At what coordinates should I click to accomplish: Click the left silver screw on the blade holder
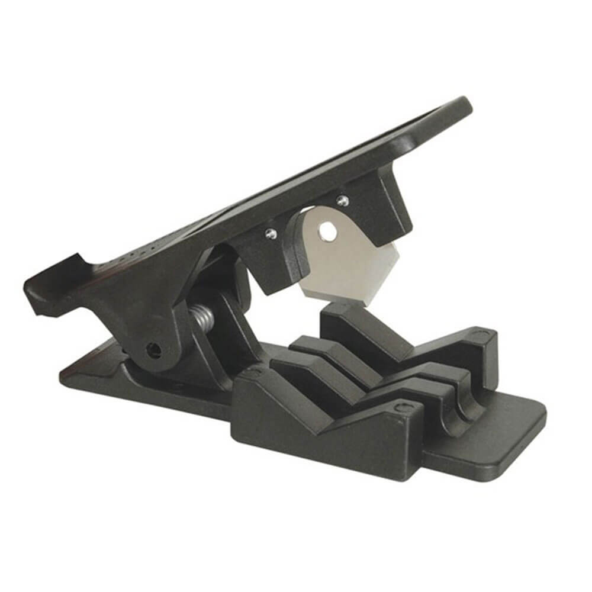pyautogui.click(x=270, y=234)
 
